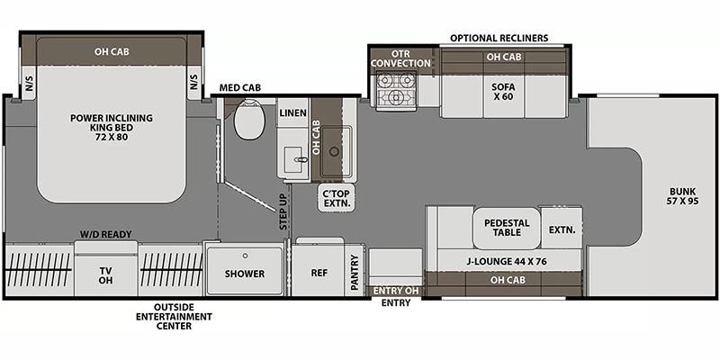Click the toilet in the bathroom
(249, 120)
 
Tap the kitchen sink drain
(334, 151)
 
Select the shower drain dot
(245, 256)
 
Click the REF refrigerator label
(319, 273)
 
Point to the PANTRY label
(355, 273)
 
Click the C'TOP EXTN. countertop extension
(337, 198)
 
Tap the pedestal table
(507, 229)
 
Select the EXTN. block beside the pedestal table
(562, 229)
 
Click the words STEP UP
(283, 211)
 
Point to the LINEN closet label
(292, 112)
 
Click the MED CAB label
(240, 87)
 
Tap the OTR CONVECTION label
(400, 58)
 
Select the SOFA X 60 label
(503, 92)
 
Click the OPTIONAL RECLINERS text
(499, 38)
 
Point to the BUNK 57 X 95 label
(682, 196)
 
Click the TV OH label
(105, 275)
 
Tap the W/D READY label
(105, 234)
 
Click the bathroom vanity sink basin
(293, 160)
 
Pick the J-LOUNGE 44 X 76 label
(507, 262)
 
